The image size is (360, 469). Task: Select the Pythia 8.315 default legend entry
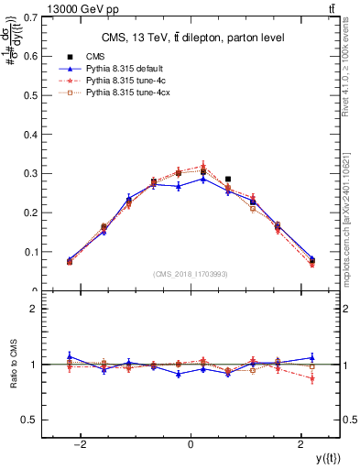click(x=120, y=69)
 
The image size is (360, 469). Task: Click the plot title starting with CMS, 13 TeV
click(x=191, y=37)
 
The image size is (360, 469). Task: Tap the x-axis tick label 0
click(x=191, y=444)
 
